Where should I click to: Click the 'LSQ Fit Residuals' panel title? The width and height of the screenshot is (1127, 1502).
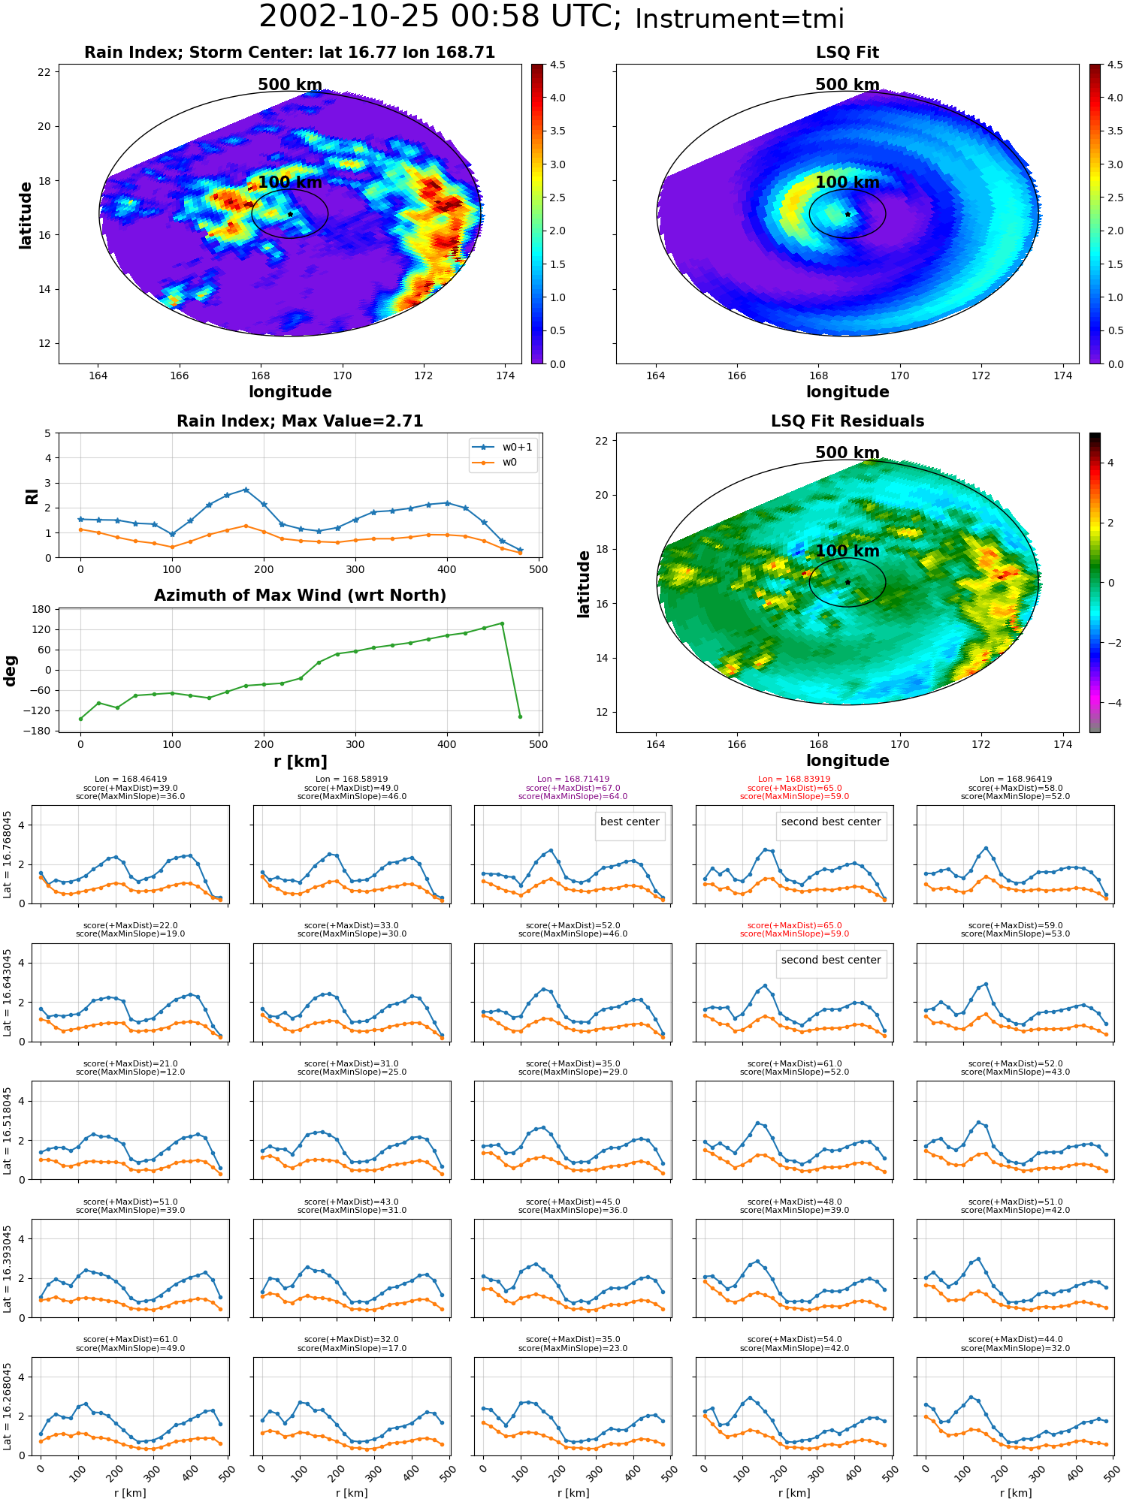(x=848, y=421)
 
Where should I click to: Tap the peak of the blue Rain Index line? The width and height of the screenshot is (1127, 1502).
(x=246, y=490)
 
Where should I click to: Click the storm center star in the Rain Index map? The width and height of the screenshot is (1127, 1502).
(x=290, y=214)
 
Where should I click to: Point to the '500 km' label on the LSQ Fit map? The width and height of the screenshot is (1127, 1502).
(x=848, y=85)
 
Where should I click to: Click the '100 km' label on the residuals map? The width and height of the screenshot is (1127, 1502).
(x=848, y=550)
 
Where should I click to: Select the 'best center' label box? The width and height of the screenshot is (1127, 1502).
(x=630, y=822)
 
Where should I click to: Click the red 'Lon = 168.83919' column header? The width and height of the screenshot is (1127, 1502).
(x=794, y=780)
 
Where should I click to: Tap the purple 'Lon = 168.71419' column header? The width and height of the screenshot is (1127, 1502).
(x=573, y=780)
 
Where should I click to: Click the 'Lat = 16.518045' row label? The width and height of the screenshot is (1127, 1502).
(x=8, y=1130)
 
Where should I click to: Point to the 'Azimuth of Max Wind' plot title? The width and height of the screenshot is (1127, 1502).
(x=301, y=596)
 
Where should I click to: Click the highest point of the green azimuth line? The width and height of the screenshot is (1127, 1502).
(x=502, y=623)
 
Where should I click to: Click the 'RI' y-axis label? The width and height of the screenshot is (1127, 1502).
(x=32, y=496)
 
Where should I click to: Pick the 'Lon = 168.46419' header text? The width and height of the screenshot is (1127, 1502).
(x=131, y=780)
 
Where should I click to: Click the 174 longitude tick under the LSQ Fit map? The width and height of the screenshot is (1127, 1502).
(x=1062, y=375)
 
